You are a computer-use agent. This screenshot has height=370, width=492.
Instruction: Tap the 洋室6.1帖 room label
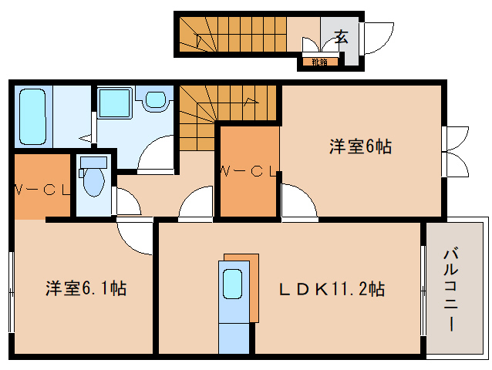(86, 289)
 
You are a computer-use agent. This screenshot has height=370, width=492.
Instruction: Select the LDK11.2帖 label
(332, 289)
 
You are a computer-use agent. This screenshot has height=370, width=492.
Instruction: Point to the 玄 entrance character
(341, 35)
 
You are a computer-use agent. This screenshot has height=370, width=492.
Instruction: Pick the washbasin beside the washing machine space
(156, 99)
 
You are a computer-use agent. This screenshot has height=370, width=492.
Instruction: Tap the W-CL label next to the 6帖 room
(248, 171)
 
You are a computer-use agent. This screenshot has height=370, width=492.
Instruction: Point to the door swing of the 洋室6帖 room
(298, 201)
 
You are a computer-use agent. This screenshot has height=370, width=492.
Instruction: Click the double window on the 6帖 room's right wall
(455, 151)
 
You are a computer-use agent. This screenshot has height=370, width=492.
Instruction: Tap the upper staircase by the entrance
(231, 34)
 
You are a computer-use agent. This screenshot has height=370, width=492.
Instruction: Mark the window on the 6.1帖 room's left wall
(12, 289)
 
